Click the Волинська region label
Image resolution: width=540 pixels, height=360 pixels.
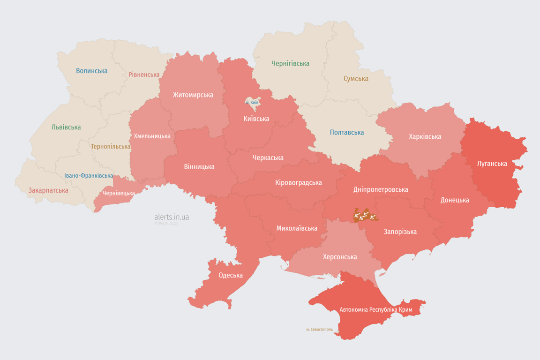pos(92,71)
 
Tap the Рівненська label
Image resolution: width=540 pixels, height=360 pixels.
pos(144,75)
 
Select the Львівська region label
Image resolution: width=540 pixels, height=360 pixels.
pos(66,127)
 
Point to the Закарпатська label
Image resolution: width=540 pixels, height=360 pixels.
pos(48,190)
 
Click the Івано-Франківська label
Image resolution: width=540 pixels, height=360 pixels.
pos(89,176)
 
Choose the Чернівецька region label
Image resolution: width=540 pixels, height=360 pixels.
pos(119,193)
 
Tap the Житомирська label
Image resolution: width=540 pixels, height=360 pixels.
pos(193,95)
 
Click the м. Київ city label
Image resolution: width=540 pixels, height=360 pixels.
pos(252,102)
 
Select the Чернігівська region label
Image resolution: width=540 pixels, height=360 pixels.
pos(290,63)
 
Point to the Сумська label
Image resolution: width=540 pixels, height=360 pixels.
pos(356,79)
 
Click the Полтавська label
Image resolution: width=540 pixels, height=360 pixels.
pos(347,132)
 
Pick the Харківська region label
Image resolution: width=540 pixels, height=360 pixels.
pos(425,136)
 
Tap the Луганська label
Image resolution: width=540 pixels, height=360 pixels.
pos(492,164)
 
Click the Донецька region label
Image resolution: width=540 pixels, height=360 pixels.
pos(455,200)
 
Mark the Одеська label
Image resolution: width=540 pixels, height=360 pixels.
pos(231,275)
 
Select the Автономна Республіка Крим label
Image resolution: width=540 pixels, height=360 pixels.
pos(376,310)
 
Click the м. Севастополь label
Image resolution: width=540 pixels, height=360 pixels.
pos(319,330)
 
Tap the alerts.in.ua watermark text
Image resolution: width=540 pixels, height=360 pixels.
pos(172,217)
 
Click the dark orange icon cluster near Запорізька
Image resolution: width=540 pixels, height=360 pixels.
pos(365,216)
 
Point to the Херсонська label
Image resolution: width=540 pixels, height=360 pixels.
pos(340,257)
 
